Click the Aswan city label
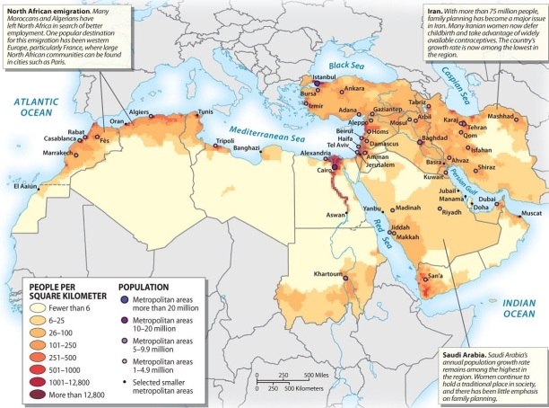pyautogui.click(x=335, y=216)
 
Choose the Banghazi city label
pyautogui.click(x=247, y=147)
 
